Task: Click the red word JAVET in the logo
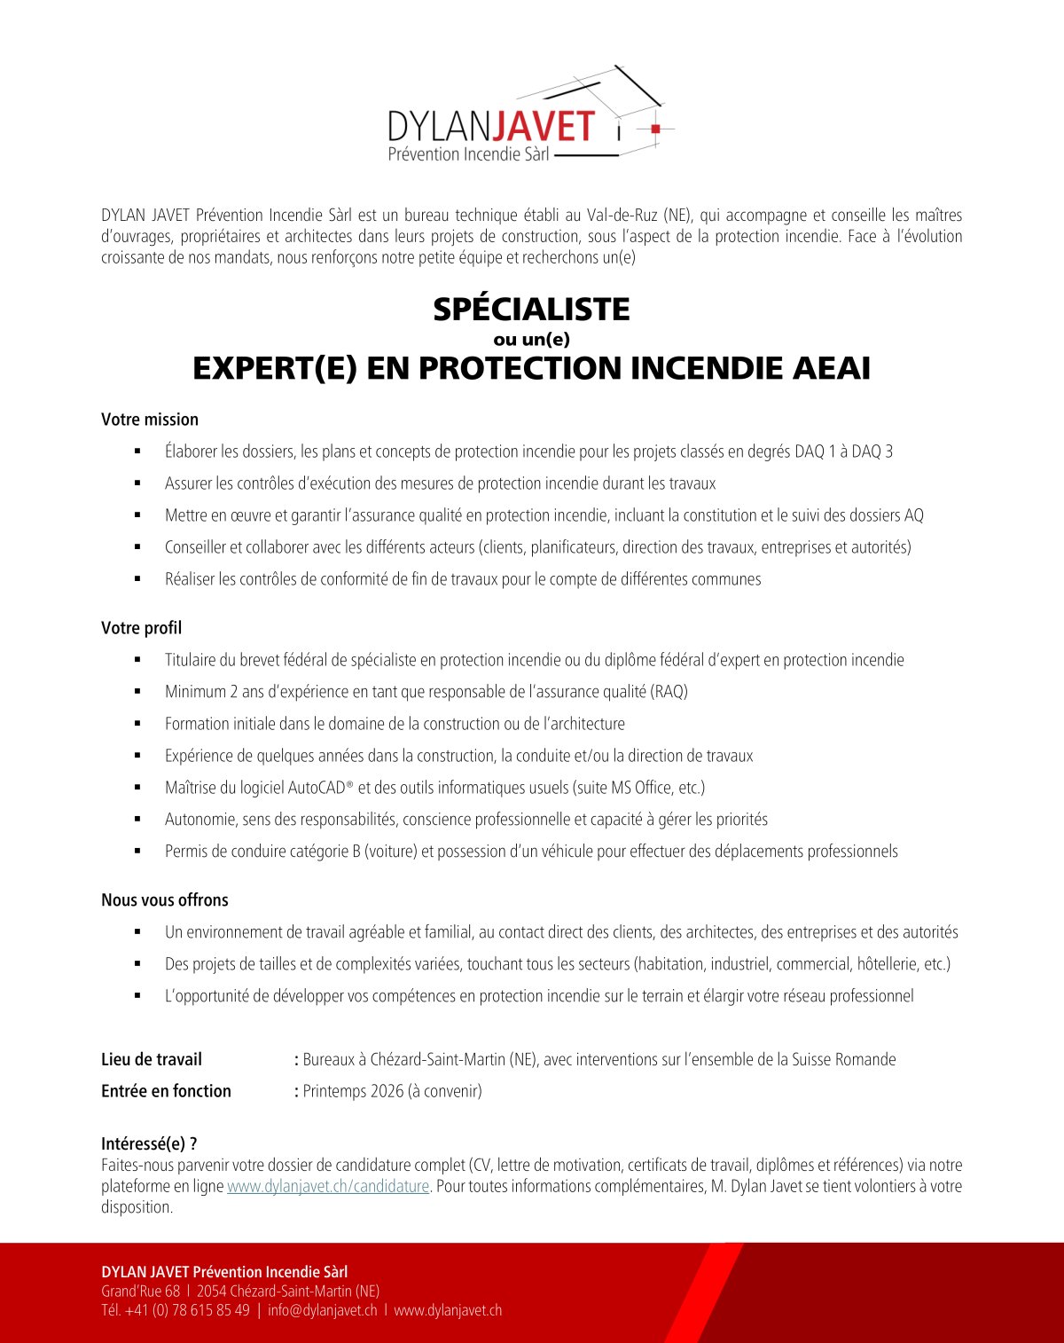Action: point(544,126)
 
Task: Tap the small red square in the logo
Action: point(655,129)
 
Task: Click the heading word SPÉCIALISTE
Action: point(531,309)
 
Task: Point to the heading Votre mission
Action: point(150,420)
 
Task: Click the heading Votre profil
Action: point(141,628)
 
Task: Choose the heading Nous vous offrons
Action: point(165,899)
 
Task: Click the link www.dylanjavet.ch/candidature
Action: point(328,1186)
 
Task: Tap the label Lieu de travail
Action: point(152,1059)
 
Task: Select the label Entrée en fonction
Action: point(166,1091)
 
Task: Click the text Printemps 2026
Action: point(353,1091)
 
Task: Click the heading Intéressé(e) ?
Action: point(149,1144)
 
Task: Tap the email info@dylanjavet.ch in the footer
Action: point(322,1310)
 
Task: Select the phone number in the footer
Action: point(187,1310)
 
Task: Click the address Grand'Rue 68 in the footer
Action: point(140,1291)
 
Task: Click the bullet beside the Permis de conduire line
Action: point(137,852)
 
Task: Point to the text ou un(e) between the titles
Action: point(531,339)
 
